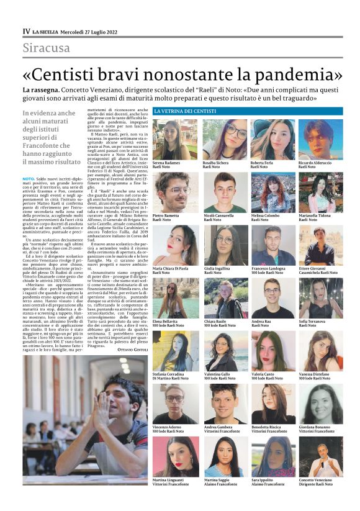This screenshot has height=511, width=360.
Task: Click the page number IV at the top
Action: (x=26, y=31)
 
